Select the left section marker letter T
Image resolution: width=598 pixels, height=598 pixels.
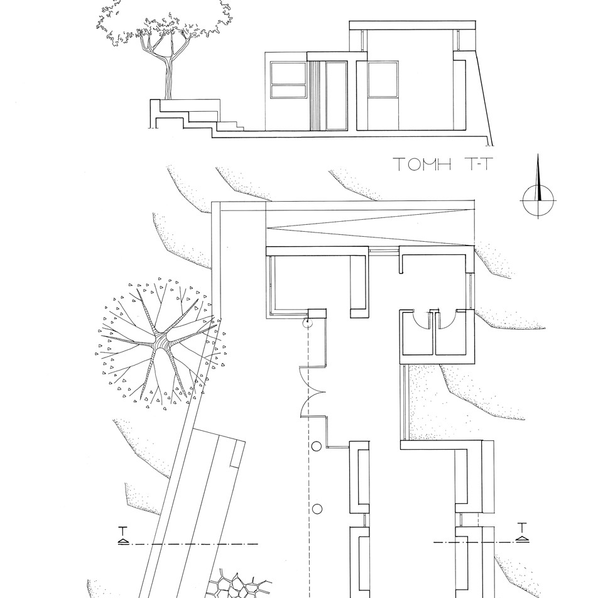click(x=123, y=531)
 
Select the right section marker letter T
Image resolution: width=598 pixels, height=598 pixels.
click(x=522, y=528)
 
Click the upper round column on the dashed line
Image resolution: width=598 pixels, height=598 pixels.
click(x=317, y=446)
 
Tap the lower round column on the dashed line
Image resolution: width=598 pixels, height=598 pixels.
click(x=317, y=509)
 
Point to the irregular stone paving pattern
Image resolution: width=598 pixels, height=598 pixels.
click(x=238, y=585)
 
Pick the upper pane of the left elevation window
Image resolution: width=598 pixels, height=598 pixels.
click(x=288, y=73)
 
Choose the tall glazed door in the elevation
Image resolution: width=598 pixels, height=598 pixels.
click(x=337, y=96)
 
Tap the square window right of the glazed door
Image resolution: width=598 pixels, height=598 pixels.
click(x=383, y=80)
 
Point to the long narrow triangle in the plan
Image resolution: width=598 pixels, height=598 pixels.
click(x=370, y=228)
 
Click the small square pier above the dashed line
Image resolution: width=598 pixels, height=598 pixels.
click(x=317, y=313)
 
